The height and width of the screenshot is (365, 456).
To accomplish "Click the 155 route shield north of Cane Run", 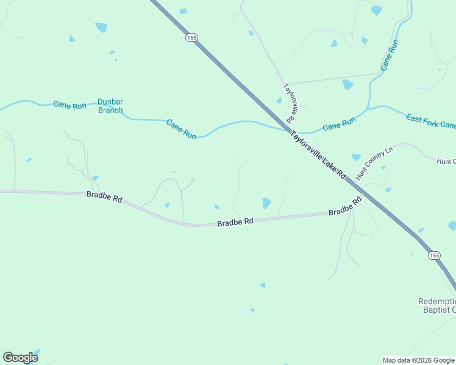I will point(192,38).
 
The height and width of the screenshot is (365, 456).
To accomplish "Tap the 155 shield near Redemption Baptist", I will point(433,255).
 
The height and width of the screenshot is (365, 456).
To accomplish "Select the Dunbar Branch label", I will point(110,106).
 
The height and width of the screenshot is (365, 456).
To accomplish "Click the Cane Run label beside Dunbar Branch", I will point(70,105).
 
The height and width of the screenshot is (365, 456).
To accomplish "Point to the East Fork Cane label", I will point(430,121).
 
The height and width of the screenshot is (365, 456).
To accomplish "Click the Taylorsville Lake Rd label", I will point(318,155).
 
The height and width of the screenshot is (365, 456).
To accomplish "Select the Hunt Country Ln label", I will point(375,162).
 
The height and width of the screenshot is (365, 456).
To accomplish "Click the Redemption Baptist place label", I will point(436,305).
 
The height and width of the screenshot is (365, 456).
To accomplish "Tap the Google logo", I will point(20,358).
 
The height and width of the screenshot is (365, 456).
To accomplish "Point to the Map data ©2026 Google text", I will point(418,360).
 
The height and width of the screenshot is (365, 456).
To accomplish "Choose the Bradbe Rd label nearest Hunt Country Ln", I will point(345,208).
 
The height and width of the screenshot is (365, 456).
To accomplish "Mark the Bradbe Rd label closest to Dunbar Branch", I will point(104,197).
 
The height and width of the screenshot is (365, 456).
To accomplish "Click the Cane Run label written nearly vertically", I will point(390,55).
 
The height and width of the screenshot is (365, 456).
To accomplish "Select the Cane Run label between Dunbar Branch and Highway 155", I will point(182,129).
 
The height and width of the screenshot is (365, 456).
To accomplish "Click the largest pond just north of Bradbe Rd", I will point(266,203).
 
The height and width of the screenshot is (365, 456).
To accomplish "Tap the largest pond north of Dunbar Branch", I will point(101,27).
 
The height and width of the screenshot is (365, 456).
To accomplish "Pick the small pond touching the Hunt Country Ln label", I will point(356,158).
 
